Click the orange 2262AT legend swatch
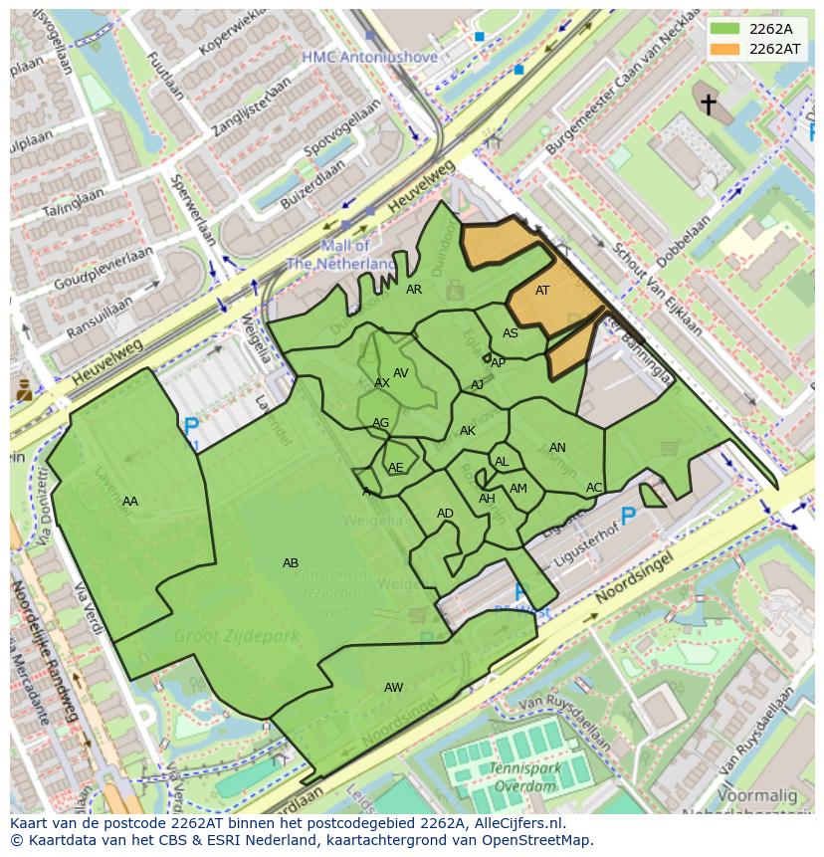tap(724, 49)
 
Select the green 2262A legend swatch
tap(724, 28)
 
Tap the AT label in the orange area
tap(542, 291)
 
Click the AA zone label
tap(130, 502)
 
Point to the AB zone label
tap(291, 563)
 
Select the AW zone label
tap(394, 688)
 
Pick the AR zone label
tap(414, 290)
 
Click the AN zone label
tap(557, 448)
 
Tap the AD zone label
tap(445, 514)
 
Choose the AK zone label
tap(468, 431)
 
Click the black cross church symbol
tap(709, 104)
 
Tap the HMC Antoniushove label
tap(370, 58)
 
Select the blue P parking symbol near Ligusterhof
tap(628, 516)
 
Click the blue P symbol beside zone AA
tap(191, 428)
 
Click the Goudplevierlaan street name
tap(103, 270)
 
